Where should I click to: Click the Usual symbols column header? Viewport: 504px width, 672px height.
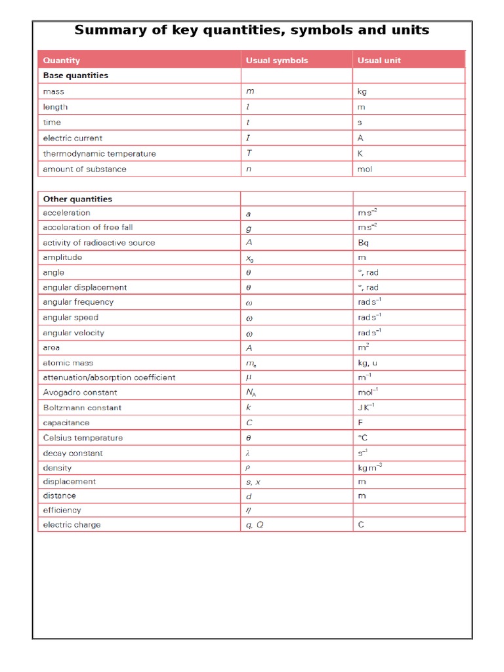click(x=276, y=60)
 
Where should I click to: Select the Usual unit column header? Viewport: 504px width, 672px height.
click(x=379, y=60)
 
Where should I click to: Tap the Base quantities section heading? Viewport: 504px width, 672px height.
click(x=75, y=75)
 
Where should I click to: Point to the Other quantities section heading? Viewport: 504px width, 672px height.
click(x=77, y=199)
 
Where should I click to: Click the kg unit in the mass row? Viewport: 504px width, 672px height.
click(x=362, y=92)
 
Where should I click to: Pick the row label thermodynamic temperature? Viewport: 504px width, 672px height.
click(x=99, y=154)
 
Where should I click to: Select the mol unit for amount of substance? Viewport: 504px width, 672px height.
click(x=365, y=169)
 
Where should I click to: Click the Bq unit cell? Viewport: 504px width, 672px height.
click(x=364, y=242)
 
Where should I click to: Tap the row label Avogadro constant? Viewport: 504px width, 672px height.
click(x=80, y=392)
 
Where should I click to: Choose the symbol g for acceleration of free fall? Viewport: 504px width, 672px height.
click(x=249, y=228)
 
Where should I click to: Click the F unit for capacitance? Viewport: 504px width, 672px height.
click(x=361, y=423)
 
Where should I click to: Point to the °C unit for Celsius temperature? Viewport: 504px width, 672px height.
click(x=363, y=438)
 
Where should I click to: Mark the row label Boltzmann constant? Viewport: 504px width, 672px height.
click(x=82, y=408)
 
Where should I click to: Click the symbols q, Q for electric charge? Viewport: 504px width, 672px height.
click(x=255, y=525)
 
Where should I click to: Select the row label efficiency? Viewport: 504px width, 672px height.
click(x=62, y=510)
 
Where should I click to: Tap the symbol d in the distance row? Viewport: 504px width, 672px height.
click(x=249, y=496)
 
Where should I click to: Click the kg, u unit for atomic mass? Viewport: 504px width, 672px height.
click(x=367, y=362)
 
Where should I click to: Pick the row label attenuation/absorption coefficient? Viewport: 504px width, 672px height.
click(x=109, y=377)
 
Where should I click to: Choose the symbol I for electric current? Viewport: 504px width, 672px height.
click(x=248, y=138)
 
